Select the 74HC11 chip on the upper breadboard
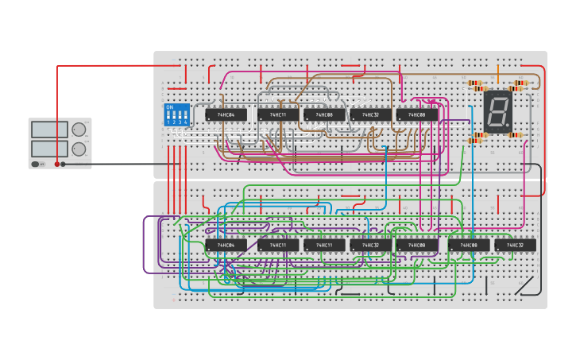(x=277, y=115)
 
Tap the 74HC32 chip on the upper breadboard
(x=370, y=115)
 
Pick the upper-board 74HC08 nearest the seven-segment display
(x=417, y=115)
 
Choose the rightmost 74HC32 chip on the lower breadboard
(x=515, y=246)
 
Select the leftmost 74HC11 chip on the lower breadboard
(x=277, y=246)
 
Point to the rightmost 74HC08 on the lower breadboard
(x=469, y=246)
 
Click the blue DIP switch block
(x=176, y=115)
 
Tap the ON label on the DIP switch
(x=169, y=107)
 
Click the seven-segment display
(x=497, y=111)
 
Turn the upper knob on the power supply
(x=79, y=130)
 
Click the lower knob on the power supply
(x=79, y=149)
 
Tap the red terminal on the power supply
(x=56, y=164)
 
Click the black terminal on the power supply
(x=64, y=164)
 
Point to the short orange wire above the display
(x=498, y=74)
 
